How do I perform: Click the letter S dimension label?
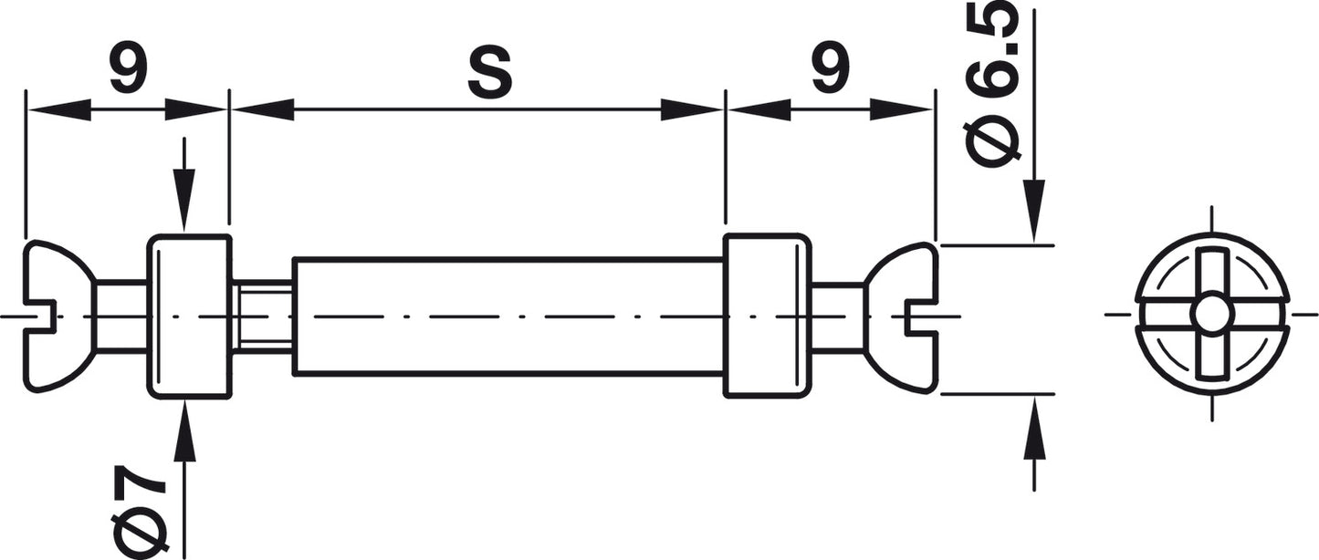489,73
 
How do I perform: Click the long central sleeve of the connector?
508,316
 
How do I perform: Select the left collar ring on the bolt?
189,316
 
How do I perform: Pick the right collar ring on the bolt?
767,316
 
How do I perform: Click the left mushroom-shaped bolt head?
59,316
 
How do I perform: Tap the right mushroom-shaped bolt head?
901,317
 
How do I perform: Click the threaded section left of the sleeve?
263,316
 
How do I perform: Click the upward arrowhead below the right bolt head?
1034,427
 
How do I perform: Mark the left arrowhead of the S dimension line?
263,109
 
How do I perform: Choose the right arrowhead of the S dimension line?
691,109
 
